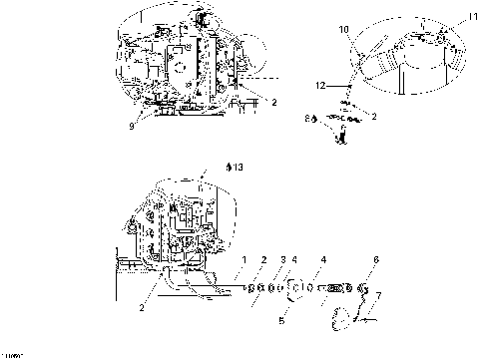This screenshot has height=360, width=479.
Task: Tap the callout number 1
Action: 242,259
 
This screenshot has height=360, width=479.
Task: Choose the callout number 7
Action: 378,296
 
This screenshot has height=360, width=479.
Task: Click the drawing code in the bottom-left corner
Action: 12,354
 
